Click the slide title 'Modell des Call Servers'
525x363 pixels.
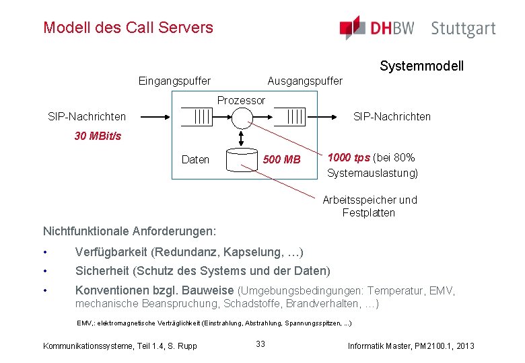(128, 28)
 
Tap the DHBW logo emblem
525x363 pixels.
(352, 28)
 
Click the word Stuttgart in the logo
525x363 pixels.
(463, 29)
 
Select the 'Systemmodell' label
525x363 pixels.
(421, 66)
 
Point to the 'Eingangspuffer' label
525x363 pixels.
(174, 81)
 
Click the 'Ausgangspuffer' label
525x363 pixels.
(305, 81)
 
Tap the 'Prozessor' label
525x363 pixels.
(241, 100)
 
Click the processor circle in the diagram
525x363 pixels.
(242, 117)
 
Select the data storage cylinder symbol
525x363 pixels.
(242, 160)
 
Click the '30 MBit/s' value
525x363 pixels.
(98, 136)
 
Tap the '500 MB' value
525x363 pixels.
(282, 160)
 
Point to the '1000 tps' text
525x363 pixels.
(348, 158)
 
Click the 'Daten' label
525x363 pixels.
(195, 160)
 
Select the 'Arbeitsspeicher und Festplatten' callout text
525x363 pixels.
(370, 206)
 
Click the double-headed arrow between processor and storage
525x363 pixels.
(242, 137)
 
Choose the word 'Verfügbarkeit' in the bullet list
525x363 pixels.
(112, 252)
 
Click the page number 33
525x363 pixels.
(260, 344)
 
